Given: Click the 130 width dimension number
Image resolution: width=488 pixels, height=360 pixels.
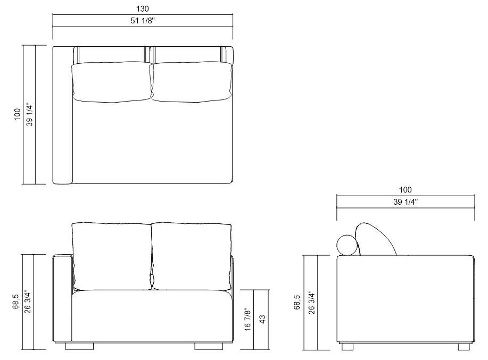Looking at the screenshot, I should (143, 9).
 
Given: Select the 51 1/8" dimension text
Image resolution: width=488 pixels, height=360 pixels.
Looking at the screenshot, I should (143, 21).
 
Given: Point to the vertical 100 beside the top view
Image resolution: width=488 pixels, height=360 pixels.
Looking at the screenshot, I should (17, 115).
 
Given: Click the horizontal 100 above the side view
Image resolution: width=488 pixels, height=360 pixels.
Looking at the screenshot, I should (405, 190).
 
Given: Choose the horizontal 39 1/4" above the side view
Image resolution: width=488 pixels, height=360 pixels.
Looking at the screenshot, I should (405, 202).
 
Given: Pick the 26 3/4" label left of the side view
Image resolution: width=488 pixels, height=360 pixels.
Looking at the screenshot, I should (312, 303).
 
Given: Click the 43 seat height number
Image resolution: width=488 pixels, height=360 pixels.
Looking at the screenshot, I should (262, 319).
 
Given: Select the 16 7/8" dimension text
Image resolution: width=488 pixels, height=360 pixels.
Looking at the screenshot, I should (247, 319).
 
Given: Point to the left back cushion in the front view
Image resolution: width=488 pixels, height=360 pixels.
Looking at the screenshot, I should (111, 255).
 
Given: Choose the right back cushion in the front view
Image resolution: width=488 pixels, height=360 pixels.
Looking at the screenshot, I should (192, 255).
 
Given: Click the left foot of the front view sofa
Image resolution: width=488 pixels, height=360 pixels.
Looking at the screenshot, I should (78, 346).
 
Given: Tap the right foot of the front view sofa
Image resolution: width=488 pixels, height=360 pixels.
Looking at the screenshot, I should (208, 346).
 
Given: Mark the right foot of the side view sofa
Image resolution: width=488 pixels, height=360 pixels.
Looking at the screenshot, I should (463, 346).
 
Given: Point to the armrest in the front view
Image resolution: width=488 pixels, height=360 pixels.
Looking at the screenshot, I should (63, 298).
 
